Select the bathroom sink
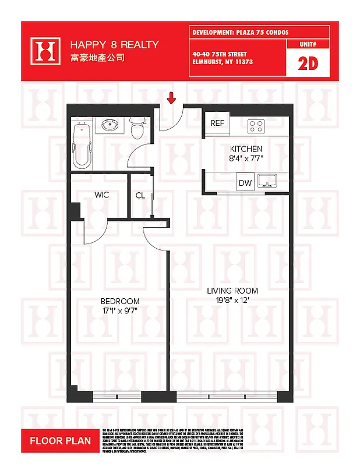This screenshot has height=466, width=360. click(x=110, y=125)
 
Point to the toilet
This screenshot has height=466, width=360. click(x=137, y=128)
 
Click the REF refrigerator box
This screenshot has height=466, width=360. click(x=217, y=123)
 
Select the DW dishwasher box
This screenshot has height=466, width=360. click(x=245, y=183)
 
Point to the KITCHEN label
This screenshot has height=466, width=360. click(x=246, y=149)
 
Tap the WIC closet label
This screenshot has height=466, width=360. click(x=102, y=195)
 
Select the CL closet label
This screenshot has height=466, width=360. click(x=140, y=195)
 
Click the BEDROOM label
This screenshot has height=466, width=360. click(x=120, y=301)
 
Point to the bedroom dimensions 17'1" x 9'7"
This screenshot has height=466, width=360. click(x=120, y=310)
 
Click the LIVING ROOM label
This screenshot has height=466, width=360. click(x=233, y=291)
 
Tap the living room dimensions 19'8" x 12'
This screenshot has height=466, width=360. click(x=233, y=301)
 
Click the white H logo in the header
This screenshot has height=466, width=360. click(x=46, y=51)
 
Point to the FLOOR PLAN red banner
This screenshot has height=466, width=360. click(x=61, y=441)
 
